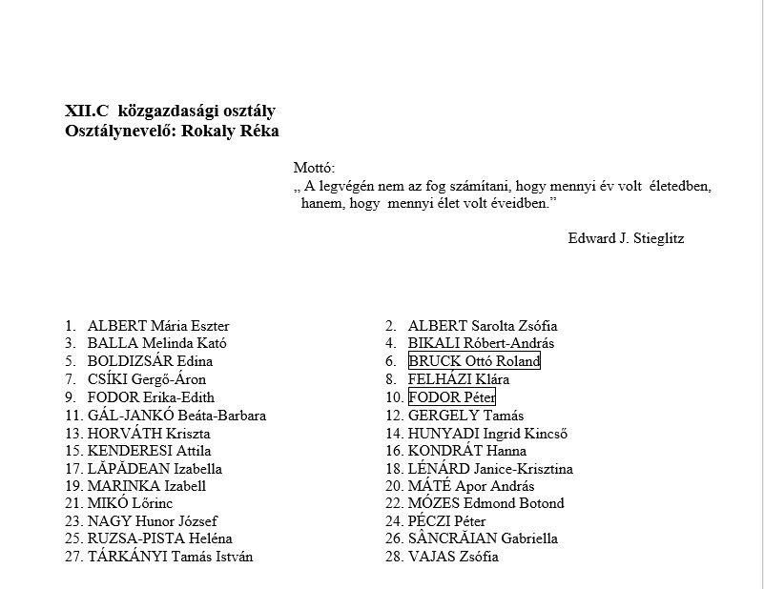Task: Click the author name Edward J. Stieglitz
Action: [626, 238]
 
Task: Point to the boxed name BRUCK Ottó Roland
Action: [474, 361]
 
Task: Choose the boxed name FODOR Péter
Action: [451, 397]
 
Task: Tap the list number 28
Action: [394, 557]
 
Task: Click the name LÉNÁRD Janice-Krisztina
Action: [490, 469]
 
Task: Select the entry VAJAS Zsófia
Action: [453, 557]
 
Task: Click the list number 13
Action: [73, 433]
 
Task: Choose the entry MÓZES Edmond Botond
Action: [485, 503]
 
